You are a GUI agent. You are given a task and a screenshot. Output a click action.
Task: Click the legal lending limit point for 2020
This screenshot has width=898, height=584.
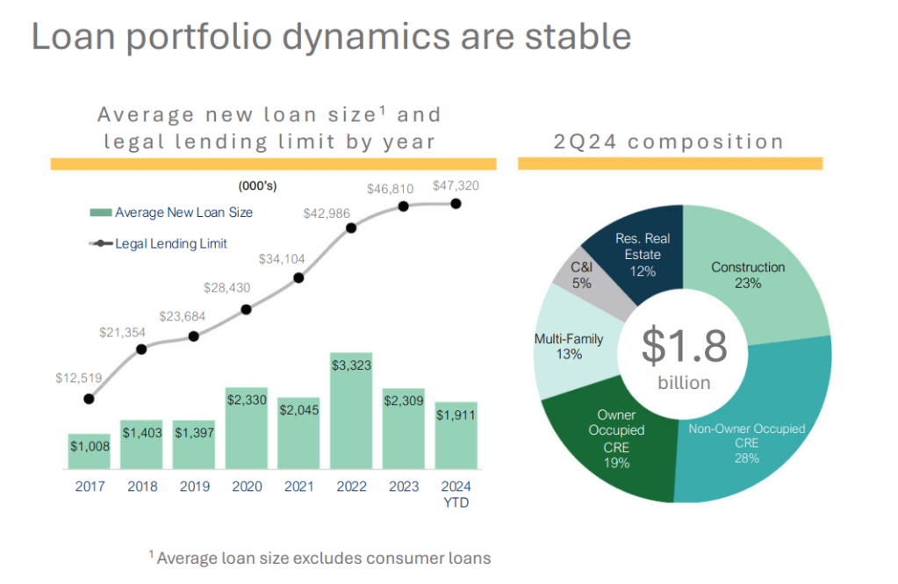pos(246,309)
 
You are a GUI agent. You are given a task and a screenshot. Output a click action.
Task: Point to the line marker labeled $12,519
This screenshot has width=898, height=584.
pos(89,399)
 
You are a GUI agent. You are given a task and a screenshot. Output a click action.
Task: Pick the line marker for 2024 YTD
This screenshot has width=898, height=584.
pos(456,204)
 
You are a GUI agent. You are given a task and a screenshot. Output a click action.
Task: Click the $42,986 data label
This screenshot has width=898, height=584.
pos(327,213)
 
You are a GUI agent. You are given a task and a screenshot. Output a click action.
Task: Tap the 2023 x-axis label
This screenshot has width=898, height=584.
pos(404,486)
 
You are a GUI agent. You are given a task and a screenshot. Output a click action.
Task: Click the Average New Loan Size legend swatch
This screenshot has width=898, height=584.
pos(100,213)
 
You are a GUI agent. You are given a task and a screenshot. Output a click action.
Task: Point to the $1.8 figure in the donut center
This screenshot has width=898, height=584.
pos(685,347)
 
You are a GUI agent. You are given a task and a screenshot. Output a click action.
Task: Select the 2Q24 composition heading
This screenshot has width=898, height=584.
pos(669,141)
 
